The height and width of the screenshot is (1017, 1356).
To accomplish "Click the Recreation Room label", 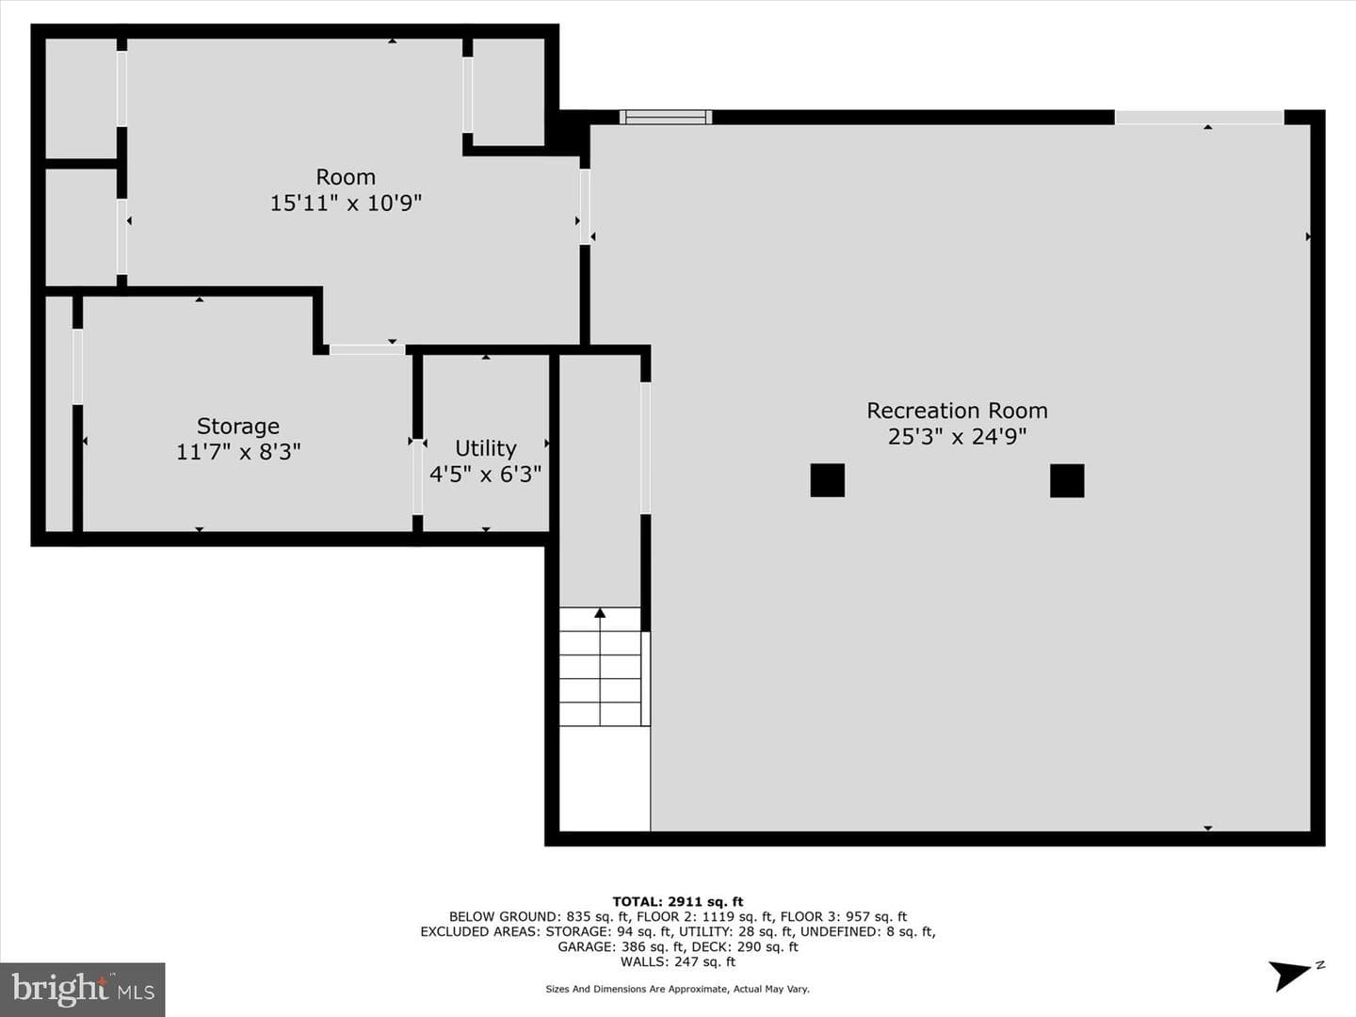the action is (x=957, y=411).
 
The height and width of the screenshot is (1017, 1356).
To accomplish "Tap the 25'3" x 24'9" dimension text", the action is (x=957, y=437).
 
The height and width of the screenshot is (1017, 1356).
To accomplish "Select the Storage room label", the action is (x=238, y=427).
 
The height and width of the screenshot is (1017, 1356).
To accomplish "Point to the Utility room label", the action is (x=486, y=448).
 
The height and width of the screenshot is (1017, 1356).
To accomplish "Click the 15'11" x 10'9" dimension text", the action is (x=346, y=202).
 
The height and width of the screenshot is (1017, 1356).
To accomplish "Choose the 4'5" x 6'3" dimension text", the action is (x=486, y=475).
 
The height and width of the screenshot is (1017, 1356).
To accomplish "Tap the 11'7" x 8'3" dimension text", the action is (x=238, y=452).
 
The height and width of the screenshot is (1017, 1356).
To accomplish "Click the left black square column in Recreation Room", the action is (x=827, y=480).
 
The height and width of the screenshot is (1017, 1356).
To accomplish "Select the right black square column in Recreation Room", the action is (x=1067, y=480).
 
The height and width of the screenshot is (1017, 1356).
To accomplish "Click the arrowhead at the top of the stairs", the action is (x=600, y=612).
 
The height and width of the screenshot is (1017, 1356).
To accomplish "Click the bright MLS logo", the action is (x=82, y=989).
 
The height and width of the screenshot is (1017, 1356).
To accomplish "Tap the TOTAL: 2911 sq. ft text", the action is (x=678, y=901).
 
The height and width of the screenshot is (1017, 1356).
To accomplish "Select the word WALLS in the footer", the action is (x=642, y=961).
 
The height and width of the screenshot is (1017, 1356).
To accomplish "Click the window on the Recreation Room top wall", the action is (x=666, y=118).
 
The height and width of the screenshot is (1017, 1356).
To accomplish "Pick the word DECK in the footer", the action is (x=708, y=946).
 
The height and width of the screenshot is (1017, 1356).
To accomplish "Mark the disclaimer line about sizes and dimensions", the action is (x=678, y=989).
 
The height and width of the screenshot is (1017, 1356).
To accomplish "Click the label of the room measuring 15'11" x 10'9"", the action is (x=346, y=177).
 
